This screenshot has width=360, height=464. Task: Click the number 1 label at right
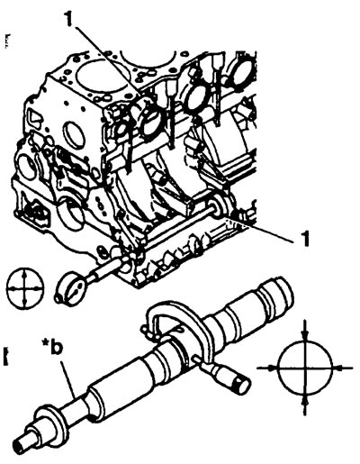pyautogui.click(x=304, y=239)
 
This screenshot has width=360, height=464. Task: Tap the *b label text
pyautogui.click(x=54, y=350)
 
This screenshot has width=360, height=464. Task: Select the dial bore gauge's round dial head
pyautogui.click(x=73, y=287)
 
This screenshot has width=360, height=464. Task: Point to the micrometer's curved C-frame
pyautogui.click(x=180, y=313)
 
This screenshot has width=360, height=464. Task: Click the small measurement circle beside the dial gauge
pyautogui.click(x=25, y=287)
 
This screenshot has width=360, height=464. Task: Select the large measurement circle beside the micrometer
pyautogui.click(x=305, y=368)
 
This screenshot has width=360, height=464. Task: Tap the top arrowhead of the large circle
pyautogui.click(x=305, y=336)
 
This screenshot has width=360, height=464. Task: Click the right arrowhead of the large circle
pyautogui.click(x=337, y=368)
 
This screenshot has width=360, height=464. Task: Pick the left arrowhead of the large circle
pyautogui.click(x=273, y=368)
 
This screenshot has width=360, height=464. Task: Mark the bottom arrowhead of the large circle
pyautogui.click(x=305, y=399)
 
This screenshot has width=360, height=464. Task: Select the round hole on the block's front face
pyautogui.click(x=74, y=132)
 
